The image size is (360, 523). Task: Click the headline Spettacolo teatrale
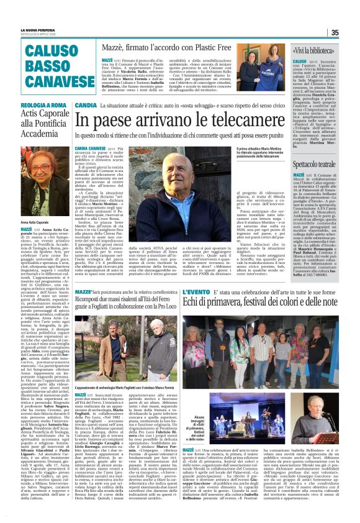319,163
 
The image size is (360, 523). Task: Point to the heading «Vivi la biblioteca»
317,47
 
